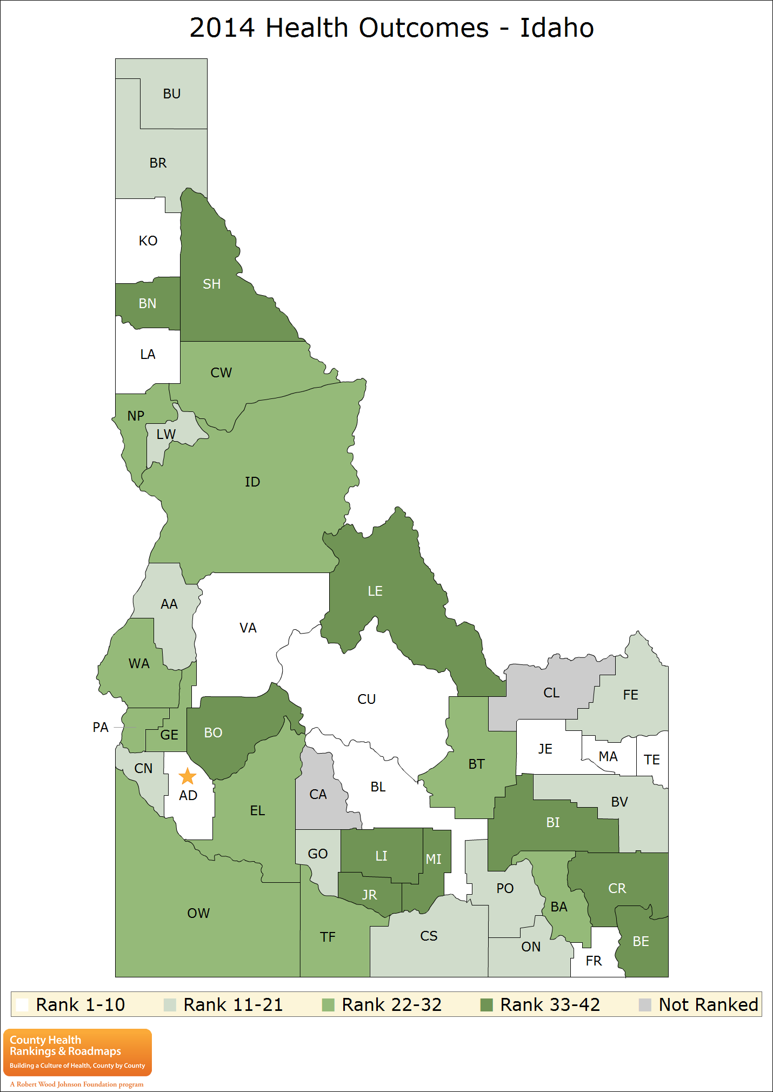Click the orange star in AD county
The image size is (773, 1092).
[187, 776]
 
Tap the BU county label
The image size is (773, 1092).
[171, 94]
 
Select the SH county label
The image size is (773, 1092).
[211, 284]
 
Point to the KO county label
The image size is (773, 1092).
[148, 241]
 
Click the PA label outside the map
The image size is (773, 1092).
[101, 727]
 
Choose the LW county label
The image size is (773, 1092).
[165, 434]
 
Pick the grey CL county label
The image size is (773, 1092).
[551, 693]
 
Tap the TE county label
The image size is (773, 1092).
[651, 760]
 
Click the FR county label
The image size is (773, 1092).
[593, 961]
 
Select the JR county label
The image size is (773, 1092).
[369, 895]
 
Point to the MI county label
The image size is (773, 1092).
[433, 859]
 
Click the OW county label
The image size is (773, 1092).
[198, 913]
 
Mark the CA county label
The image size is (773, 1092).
[318, 794]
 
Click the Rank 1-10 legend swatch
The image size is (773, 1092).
[22, 1005]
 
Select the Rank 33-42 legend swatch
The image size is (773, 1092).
[487, 1005]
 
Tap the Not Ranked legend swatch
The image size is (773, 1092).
[645, 1005]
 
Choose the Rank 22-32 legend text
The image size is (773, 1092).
[391, 1004]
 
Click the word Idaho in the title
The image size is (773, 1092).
[556, 28]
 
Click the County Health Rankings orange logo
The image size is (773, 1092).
[77, 1052]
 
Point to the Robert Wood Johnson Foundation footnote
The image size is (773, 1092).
[77, 1084]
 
